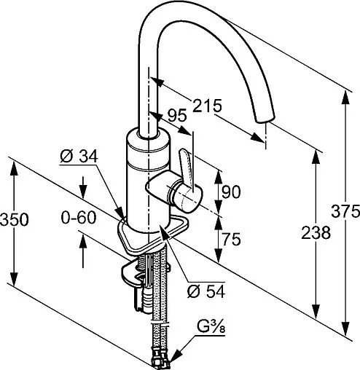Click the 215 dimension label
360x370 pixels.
point(207,106)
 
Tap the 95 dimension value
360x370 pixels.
point(177,115)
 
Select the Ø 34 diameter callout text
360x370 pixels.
point(79,156)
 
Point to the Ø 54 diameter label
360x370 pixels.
point(206,291)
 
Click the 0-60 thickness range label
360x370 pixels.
point(79,217)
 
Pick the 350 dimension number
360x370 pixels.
point(14,219)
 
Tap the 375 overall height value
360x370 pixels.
point(345,210)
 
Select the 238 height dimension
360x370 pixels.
point(316,232)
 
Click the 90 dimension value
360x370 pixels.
point(231,192)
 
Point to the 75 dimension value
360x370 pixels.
point(231,239)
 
